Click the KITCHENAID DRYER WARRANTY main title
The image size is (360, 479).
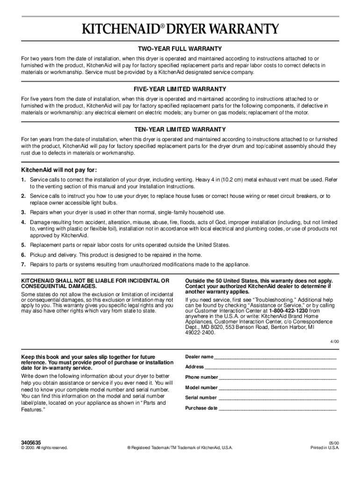(x=180, y=29)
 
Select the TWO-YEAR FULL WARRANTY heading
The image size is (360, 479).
(x=180, y=49)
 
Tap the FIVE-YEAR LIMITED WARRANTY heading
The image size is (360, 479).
(x=180, y=89)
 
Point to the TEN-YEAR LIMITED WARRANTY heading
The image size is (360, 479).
(x=180, y=129)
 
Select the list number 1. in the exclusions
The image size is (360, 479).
(x=23, y=180)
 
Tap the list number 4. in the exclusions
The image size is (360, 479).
(x=23, y=222)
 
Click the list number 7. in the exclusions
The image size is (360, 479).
(x=23, y=265)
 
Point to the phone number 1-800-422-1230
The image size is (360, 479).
(x=289, y=311)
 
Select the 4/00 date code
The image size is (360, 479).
(x=333, y=341)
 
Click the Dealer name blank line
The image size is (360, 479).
(x=276, y=357)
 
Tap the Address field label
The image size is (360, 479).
(x=194, y=367)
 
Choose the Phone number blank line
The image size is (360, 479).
(x=278, y=378)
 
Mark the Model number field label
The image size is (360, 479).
(x=202, y=388)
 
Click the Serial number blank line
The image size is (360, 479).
(x=278, y=399)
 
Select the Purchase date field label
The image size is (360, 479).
(x=202, y=408)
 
